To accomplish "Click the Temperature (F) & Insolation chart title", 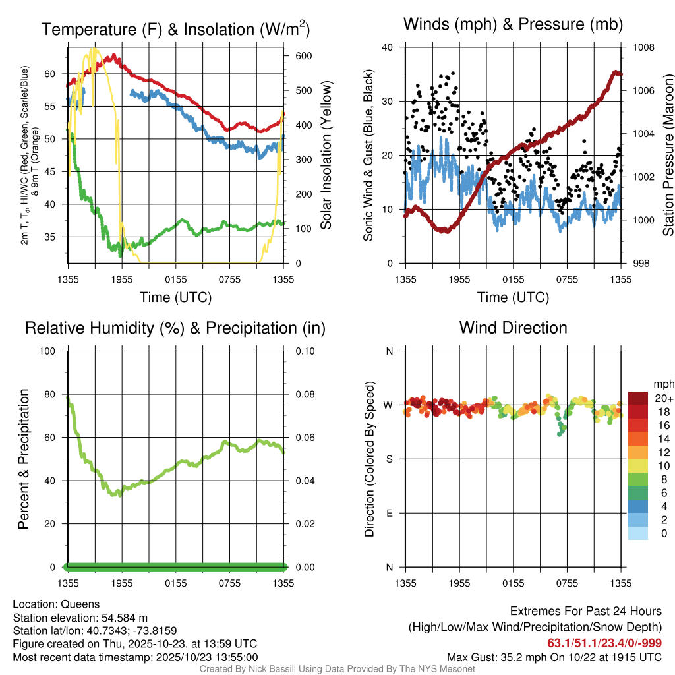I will (x=175, y=30).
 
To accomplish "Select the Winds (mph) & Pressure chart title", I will (x=513, y=24).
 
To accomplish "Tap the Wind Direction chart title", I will (x=513, y=328).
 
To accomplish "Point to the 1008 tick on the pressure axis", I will (x=644, y=47).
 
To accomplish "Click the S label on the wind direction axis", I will (x=389, y=459).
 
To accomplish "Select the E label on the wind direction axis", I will (x=389, y=513).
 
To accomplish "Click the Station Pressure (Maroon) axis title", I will (x=668, y=156).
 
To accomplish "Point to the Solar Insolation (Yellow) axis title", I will (x=326, y=156).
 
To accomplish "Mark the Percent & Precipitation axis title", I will (x=24, y=459).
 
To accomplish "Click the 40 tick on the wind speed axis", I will (x=388, y=47).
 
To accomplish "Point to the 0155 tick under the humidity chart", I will (x=175, y=583).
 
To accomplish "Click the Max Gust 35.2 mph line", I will (x=554, y=657).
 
